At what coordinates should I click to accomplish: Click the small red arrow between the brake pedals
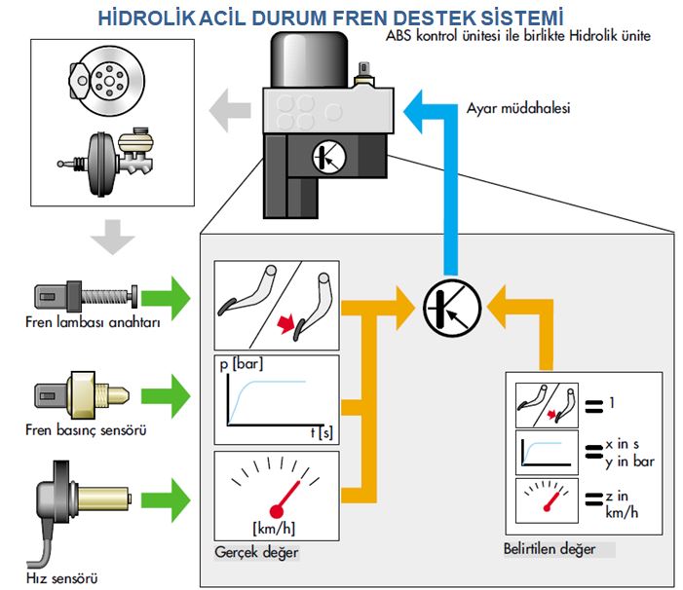click(286, 321)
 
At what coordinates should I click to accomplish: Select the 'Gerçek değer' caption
click(255, 552)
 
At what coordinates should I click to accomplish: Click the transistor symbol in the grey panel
click(448, 308)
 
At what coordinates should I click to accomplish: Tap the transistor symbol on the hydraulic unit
click(328, 156)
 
